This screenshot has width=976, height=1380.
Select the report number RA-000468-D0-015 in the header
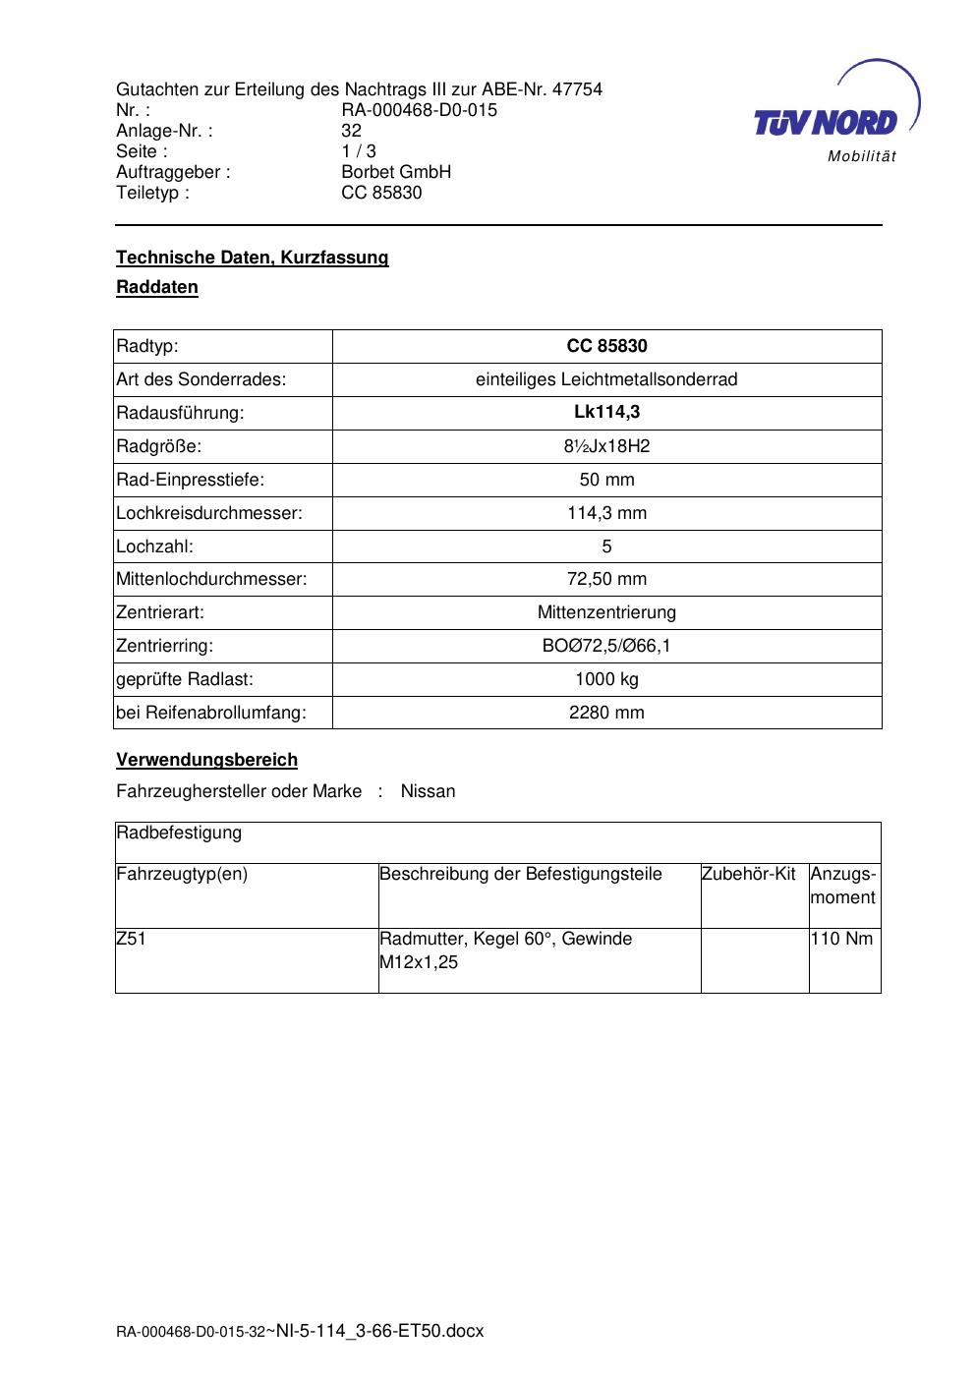[x=419, y=110]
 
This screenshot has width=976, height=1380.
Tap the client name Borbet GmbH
[x=396, y=172]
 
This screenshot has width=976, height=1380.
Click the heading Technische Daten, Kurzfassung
[x=253, y=258]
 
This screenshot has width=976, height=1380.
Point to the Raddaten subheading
[x=157, y=288]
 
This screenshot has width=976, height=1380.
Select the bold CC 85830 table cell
[x=606, y=346]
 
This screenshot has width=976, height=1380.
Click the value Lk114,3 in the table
[x=606, y=413]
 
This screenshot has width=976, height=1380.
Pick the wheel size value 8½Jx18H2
[x=606, y=446]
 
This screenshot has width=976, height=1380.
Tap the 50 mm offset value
[x=606, y=480]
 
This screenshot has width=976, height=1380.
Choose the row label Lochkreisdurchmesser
[x=209, y=513]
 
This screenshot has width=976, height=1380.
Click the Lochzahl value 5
[x=606, y=546]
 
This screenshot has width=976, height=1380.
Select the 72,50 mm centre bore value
[x=606, y=580]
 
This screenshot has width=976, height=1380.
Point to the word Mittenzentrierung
[x=606, y=613]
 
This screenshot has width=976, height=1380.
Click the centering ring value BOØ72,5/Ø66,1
[x=606, y=647]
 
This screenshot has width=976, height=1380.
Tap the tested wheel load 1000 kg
[x=606, y=680]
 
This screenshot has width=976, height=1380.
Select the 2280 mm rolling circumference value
[x=606, y=714]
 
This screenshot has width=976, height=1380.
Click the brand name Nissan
[x=428, y=791]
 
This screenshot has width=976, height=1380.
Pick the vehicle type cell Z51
[x=131, y=939]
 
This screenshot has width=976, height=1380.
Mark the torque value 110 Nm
[x=841, y=939]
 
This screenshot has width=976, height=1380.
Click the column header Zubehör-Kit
[x=748, y=874]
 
